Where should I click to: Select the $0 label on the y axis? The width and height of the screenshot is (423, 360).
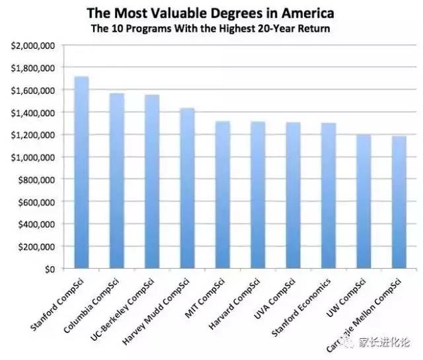(x=50, y=269)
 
